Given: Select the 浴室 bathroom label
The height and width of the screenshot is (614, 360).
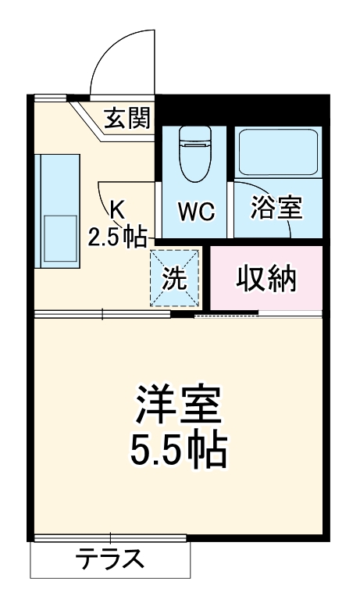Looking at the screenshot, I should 276,209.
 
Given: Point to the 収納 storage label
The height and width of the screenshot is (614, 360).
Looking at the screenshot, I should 266,278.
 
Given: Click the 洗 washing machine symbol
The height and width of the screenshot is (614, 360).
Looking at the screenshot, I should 175,278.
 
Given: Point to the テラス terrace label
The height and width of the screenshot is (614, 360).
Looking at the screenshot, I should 109,559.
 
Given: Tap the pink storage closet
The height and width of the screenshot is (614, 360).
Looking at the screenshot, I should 266,279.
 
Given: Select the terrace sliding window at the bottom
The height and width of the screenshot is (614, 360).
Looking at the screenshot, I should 110,537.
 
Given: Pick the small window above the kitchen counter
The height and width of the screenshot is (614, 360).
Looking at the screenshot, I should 50,98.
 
